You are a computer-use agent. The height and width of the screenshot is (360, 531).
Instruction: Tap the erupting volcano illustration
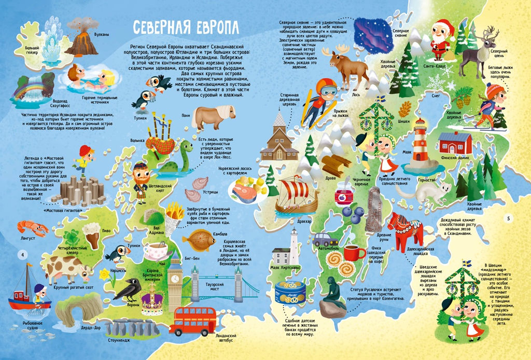pos(81,39)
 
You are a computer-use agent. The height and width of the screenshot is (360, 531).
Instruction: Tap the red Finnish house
pos(454,143)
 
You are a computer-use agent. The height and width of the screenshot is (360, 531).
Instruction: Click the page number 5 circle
pos(509,217)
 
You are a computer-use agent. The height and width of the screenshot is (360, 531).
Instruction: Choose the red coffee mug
pos(354,253)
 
